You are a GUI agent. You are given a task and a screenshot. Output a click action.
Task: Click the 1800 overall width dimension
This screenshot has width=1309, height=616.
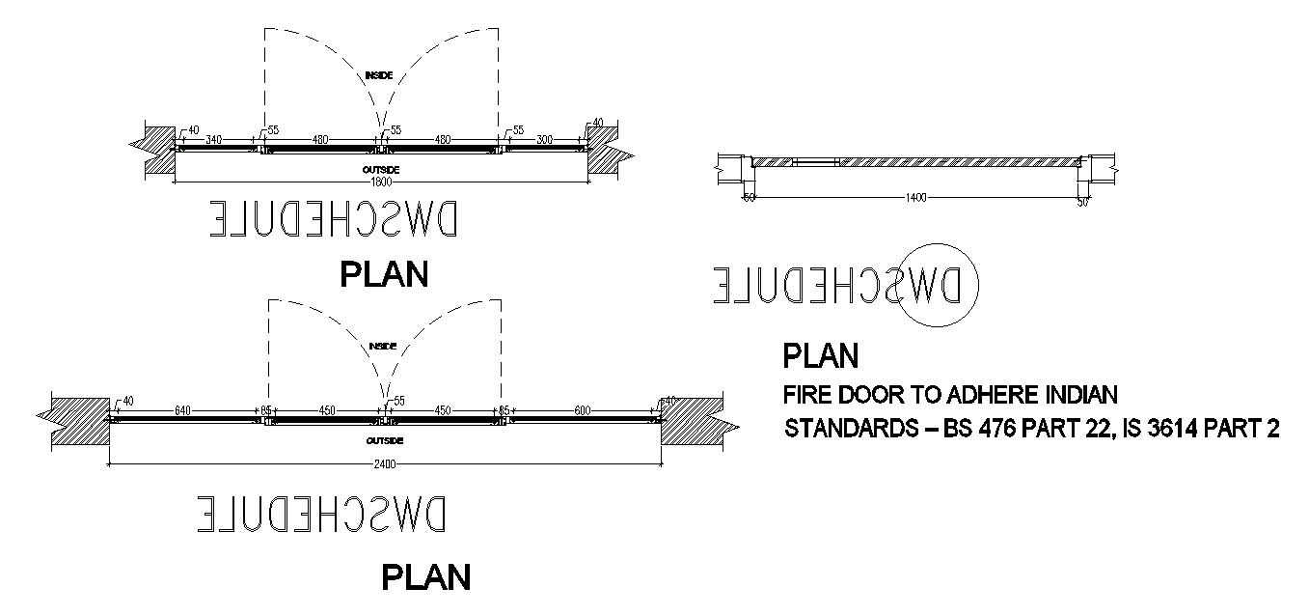pyautogui.click(x=382, y=182)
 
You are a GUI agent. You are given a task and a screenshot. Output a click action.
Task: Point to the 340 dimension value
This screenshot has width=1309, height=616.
pyautogui.click(x=213, y=140)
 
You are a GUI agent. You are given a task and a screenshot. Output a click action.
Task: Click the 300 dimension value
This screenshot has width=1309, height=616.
pyautogui.click(x=545, y=140)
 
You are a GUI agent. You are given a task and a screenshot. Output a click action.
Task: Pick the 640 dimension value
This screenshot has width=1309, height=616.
pyautogui.click(x=183, y=410)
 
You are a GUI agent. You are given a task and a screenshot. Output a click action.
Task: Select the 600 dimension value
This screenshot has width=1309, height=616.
pyautogui.click(x=583, y=410)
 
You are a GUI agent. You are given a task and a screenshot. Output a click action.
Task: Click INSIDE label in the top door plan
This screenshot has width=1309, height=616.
pyautogui.click(x=379, y=74)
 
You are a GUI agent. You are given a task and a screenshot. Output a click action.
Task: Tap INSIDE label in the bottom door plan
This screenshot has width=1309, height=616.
pyautogui.click(x=383, y=346)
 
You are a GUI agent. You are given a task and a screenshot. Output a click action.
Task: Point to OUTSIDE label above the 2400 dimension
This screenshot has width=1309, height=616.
pyautogui.click(x=384, y=440)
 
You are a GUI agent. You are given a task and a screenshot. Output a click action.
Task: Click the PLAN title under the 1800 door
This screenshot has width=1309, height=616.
pyautogui.click(x=384, y=274)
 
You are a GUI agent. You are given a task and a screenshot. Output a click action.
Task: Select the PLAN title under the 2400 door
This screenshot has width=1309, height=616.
pyautogui.click(x=426, y=576)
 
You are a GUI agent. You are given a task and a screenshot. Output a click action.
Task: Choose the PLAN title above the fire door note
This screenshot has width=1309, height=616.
pyautogui.click(x=820, y=356)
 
